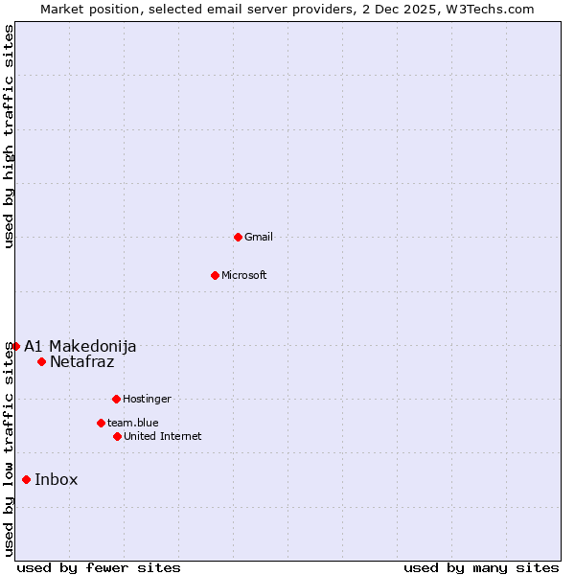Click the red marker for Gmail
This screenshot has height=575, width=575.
[x=238, y=237]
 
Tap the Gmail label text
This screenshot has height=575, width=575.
[x=259, y=238]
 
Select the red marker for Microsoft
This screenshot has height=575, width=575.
[x=215, y=275]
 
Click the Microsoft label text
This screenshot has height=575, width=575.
[x=244, y=276]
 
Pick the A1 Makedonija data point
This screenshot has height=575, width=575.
[x=15, y=346]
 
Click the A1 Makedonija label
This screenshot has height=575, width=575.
[x=80, y=346]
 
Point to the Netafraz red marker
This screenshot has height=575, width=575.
[x=41, y=361]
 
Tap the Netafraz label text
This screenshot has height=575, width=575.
[x=81, y=361]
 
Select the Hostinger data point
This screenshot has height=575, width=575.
[x=116, y=399]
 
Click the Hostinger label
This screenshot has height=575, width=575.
[x=147, y=400]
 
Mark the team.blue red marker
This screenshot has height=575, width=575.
[x=101, y=423]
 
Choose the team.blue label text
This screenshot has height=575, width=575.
[x=133, y=423]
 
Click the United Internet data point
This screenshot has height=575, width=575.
[x=117, y=436]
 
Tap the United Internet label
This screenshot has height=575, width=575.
[x=163, y=437]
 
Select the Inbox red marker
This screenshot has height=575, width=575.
[x=26, y=480]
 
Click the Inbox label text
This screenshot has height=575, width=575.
[x=56, y=480]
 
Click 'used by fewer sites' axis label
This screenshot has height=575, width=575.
[x=99, y=567]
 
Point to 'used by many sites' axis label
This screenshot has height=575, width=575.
[x=481, y=567]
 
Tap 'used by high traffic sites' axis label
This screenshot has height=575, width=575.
[x=10, y=136]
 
